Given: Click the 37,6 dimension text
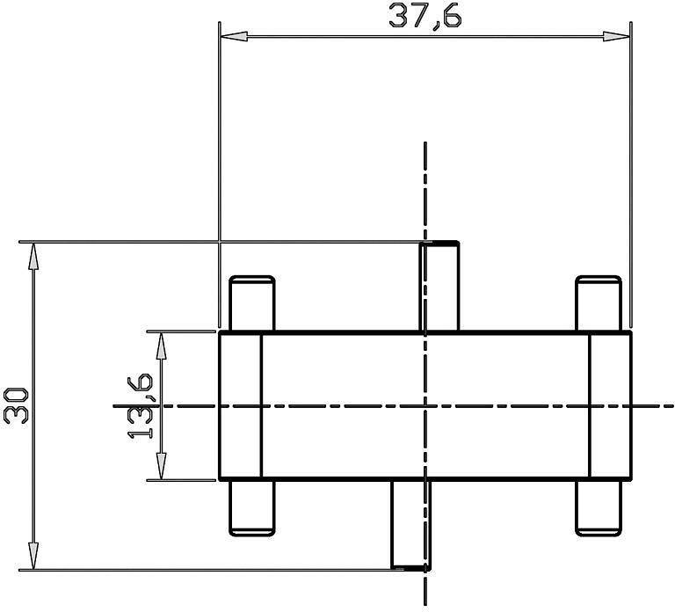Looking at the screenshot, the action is pyautogui.click(x=425, y=17).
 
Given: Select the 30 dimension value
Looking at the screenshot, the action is pyautogui.click(x=16, y=405).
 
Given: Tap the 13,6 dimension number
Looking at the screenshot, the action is pyautogui.click(x=140, y=406).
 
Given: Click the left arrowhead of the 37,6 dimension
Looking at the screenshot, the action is pyautogui.click(x=234, y=37).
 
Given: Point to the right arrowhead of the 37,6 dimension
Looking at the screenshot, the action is pyautogui.click(x=616, y=37).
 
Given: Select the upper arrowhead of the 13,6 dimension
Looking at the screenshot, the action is pyautogui.click(x=161, y=346).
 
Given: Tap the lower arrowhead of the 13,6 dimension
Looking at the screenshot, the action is pyautogui.click(x=161, y=466).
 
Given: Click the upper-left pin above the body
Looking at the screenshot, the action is pyautogui.click(x=252, y=303).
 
